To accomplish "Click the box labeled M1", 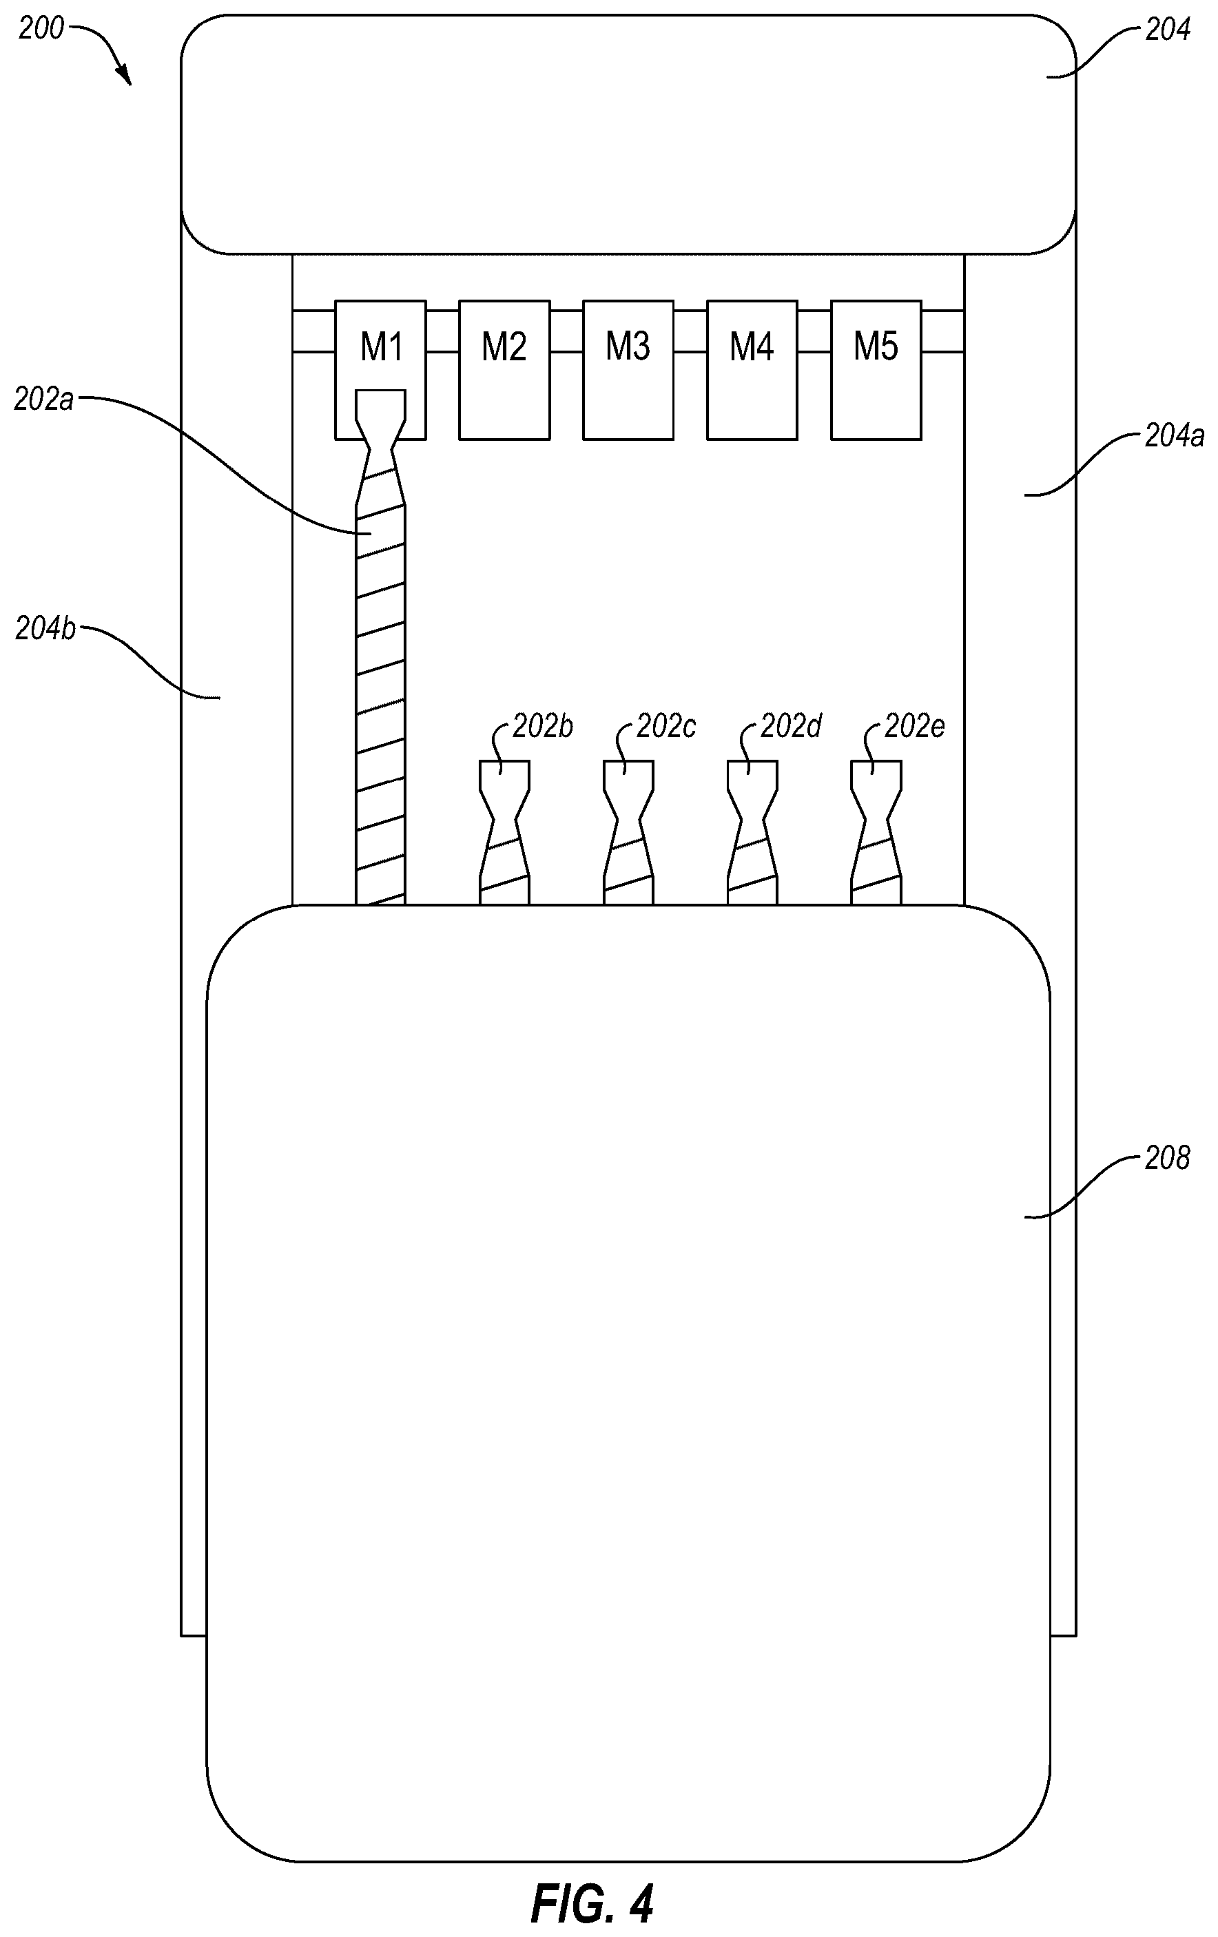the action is coord(380,370).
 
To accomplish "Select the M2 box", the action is coord(504,370).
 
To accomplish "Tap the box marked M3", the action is coord(628,370).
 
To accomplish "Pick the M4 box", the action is coord(752,370).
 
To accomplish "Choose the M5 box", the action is coord(876,370).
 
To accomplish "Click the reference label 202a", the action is coord(43,400).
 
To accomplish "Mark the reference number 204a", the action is coord(1175,437).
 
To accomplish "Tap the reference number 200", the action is coord(41,29).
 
